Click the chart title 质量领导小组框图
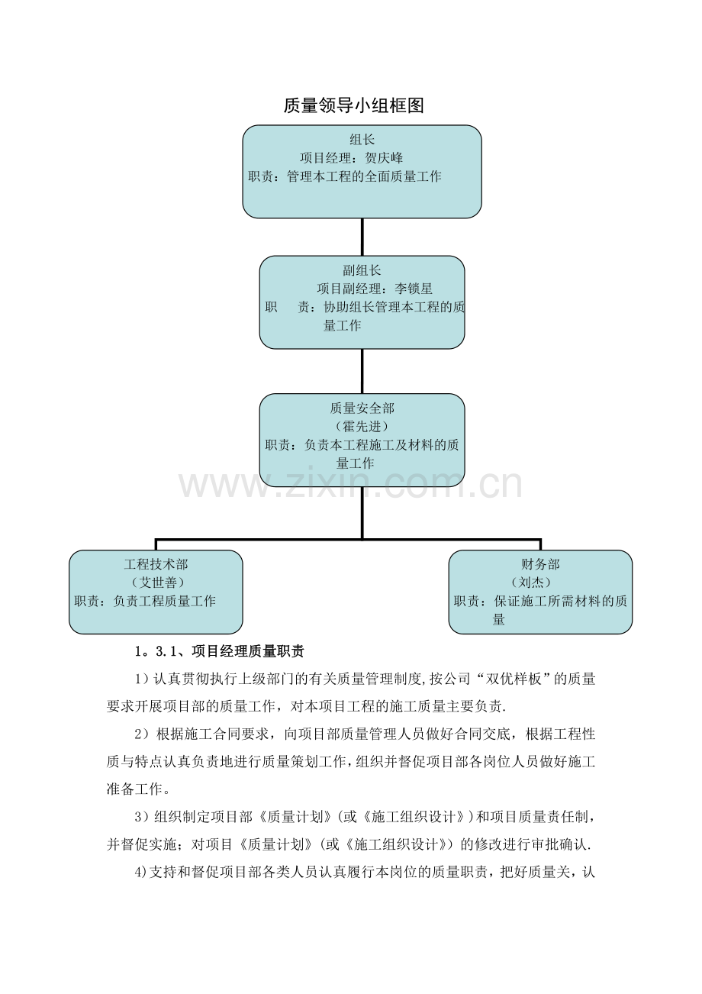pyautogui.click(x=353, y=106)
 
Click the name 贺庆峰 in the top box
pyautogui.click(x=384, y=158)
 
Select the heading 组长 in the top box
pyautogui.click(x=362, y=140)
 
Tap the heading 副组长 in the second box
pyautogui.click(x=362, y=270)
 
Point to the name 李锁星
pyautogui.click(x=414, y=289)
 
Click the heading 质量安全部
pyautogui.click(x=362, y=408)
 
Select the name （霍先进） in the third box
pyautogui.click(x=362, y=426)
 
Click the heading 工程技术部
pyautogui.click(x=156, y=564)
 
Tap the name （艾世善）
pyautogui.click(x=156, y=583)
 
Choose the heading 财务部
pyautogui.click(x=540, y=564)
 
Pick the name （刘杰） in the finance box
pyautogui.click(x=540, y=583)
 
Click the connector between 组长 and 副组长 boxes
pyautogui.click(x=362, y=237)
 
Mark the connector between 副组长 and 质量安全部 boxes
pyautogui.click(x=362, y=371)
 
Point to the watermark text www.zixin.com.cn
pyautogui.click(x=350, y=485)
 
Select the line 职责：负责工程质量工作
pyautogui.click(x=145, y=601)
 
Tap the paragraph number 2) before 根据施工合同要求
pyautogui.click(x=140, y=734)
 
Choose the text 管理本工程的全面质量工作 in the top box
pyautogui.click(x=364, y=176)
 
